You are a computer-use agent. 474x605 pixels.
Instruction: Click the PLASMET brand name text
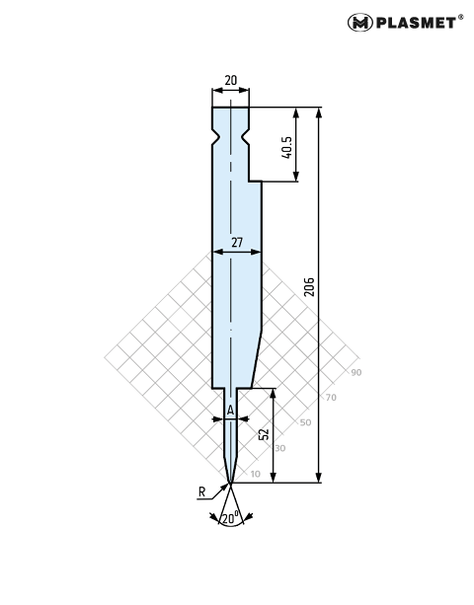[416, 23]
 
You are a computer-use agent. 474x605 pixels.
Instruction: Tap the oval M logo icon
[360, 23]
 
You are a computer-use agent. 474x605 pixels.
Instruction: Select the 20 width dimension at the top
[230, 80]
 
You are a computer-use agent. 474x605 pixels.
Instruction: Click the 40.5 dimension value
[286, 147]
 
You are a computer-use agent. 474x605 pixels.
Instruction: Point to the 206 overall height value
[309, 286]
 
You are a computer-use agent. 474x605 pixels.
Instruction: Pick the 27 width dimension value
[237, 243]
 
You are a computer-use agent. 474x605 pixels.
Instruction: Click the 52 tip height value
[264, 433]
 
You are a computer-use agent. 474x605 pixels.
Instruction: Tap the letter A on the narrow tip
[230, 411]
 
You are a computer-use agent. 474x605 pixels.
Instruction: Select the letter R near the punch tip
[201, 492]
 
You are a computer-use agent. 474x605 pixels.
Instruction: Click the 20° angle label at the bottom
[231, 518]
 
